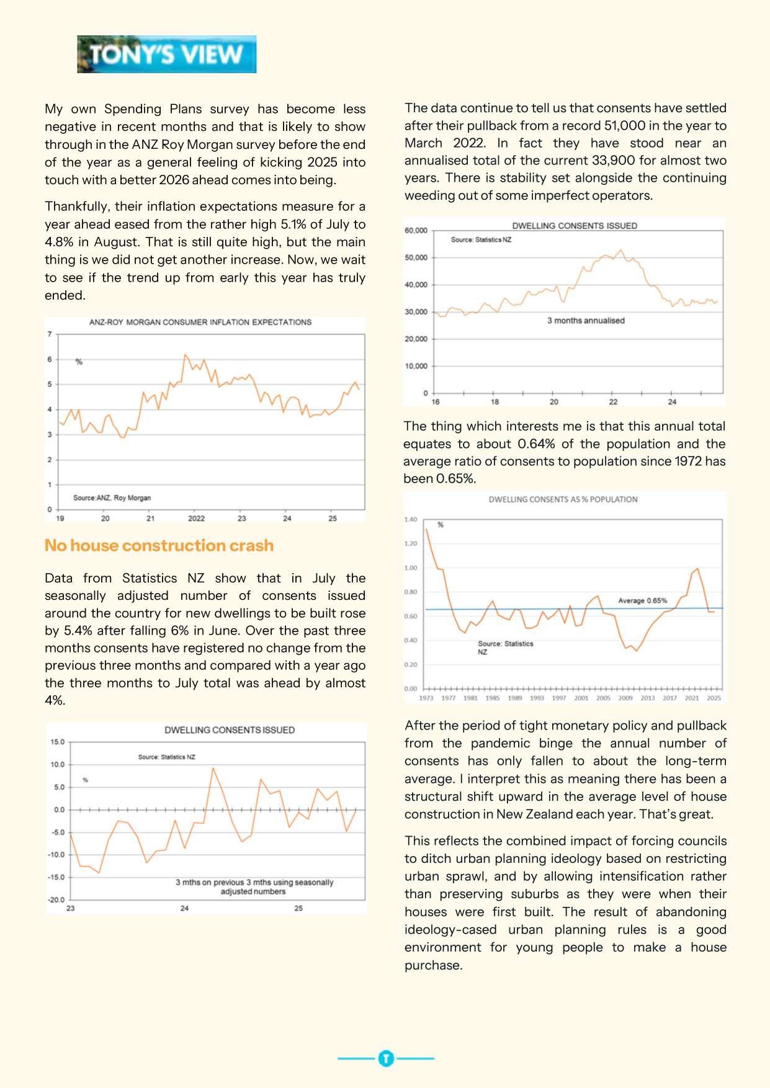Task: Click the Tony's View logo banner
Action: click(166, 55)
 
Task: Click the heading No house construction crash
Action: click(159, 545)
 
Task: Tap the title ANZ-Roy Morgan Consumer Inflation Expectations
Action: click(200, 322)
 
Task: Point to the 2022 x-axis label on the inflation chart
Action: click(196, 519)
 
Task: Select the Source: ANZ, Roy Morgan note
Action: click(112, 497)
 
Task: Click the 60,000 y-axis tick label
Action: click(416, 231)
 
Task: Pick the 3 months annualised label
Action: click(585, 321)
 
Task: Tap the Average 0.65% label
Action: click(642, 600)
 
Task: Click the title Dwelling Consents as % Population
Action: click(562, 499)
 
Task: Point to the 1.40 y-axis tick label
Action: click(411, 520)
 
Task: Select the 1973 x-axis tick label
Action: click(426, 698)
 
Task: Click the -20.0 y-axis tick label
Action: click(56, 899)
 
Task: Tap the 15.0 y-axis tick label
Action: click(57, 742)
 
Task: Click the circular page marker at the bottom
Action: click(385, 1058)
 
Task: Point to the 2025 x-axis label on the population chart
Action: click(714, 698)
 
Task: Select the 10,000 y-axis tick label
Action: click(416, 366)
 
